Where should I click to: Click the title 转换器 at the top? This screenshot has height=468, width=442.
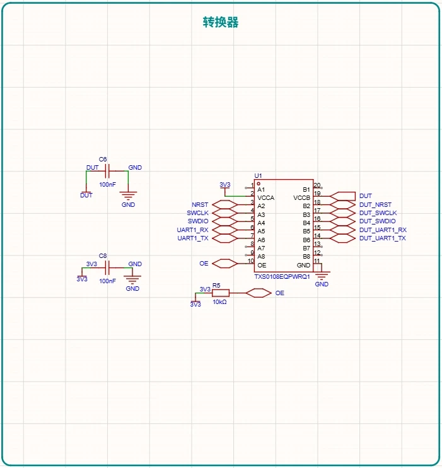click(221, 22)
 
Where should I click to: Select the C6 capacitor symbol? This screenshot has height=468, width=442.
click(107, 171)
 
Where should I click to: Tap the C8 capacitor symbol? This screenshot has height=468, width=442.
click(107, 267)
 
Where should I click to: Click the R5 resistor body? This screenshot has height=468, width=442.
click(221, 293)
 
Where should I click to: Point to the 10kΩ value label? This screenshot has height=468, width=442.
click(219, 302)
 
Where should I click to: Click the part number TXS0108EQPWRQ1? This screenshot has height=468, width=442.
click(282, 277)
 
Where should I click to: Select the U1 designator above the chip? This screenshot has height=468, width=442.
click(258, 175)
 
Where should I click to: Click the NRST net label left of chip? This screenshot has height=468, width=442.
click(200, 205)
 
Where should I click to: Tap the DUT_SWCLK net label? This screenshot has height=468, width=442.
click(378, 213)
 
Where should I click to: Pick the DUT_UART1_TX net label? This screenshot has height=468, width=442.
click(383, 238)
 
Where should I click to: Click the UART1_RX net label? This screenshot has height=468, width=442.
click(192, 230)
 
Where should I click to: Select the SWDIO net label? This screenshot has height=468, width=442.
click(198, 221)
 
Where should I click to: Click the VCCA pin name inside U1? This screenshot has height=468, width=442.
click(265, 198)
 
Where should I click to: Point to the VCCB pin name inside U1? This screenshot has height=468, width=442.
click(302, 198)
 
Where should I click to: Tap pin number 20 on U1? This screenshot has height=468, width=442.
click(317, 185)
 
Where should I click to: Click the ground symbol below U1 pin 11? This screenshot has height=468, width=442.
click(322, 275)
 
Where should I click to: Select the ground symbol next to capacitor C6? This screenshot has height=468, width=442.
click(128, 196)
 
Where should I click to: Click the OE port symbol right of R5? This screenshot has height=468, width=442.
click(259, 293)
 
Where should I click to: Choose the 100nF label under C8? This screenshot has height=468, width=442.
click(107, 281)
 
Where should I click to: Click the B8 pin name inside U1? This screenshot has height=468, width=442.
click(306, 256)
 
